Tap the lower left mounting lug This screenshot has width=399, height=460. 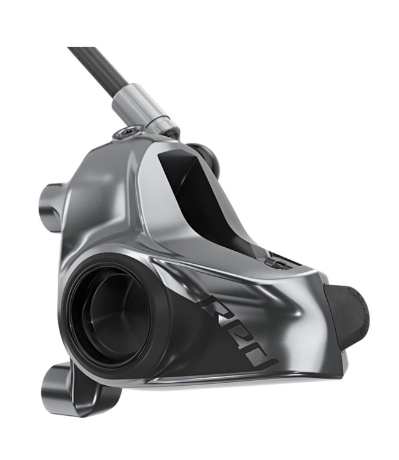click(58, 386)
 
